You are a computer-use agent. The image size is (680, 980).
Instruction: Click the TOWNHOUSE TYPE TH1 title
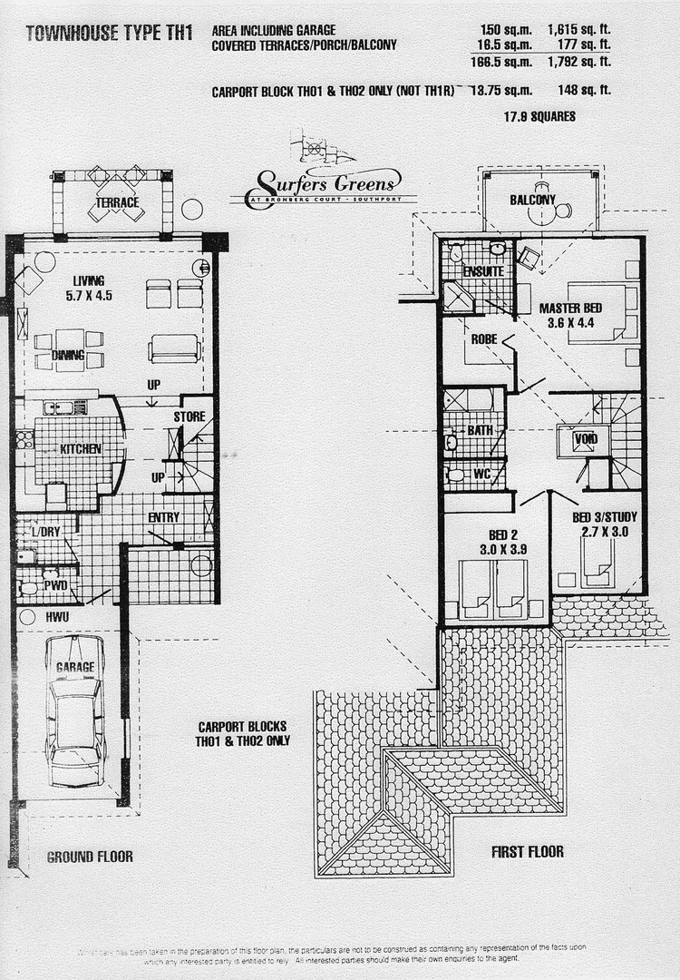tap(110, 34)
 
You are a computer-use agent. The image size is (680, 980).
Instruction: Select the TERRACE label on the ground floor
tap(119, 202)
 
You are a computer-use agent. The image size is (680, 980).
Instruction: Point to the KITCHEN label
tap(81, 448)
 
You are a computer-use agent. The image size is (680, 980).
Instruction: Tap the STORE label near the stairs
tap(189, 416)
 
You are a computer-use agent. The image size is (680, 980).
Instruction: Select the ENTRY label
tap(164, 517)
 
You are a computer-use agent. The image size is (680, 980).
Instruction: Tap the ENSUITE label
tap(483, 271)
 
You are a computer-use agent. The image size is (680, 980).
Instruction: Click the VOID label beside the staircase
tap(585, 439)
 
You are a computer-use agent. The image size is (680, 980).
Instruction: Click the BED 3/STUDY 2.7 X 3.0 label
tap(600, 524)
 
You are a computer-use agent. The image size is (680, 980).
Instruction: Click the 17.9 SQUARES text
tap(539, 116)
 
